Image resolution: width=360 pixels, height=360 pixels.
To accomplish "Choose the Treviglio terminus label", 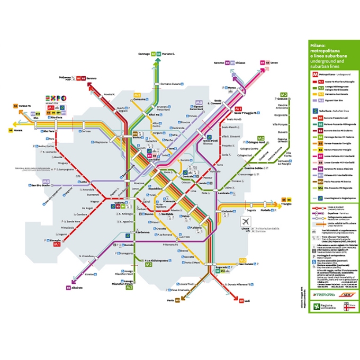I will pyautogui.click(x=286, y=204).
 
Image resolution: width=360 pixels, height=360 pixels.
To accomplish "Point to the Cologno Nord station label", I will pyautogui.click(x=255, y=142).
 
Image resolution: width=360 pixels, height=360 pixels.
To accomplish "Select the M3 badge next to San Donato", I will pyautogui.click(x=242, y=260).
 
